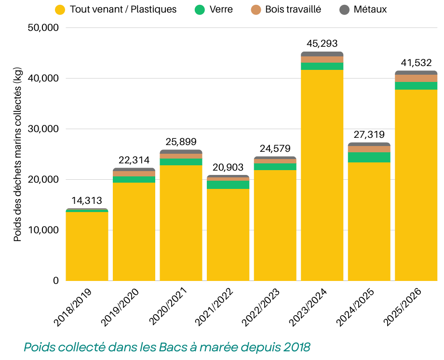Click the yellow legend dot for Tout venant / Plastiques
(60, 10)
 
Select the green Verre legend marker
(200, 10)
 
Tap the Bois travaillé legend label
(293, 9)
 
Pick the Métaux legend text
(370, 9)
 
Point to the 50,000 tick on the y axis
(43, 28)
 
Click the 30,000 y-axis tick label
(43, 129)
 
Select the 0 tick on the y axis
(56, 280)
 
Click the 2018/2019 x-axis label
(73, 307)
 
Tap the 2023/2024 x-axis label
(308, 307)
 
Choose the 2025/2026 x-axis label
(402, 307)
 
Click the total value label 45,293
(322, 43)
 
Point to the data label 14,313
(87, 200)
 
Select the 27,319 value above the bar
(369, 135)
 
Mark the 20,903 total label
(228, 168)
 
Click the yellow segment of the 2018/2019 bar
(87, 246)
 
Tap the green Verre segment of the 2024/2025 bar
(369, 158)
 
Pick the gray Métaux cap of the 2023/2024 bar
(322, 54)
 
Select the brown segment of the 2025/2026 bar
(416, 79)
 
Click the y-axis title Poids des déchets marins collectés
(17, 154)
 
